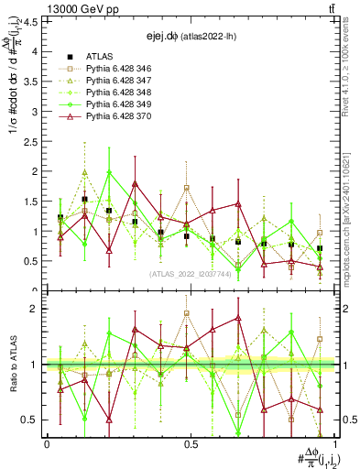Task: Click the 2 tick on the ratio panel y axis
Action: tap(39, 309)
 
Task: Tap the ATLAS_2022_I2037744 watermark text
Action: tap(188, 273)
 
